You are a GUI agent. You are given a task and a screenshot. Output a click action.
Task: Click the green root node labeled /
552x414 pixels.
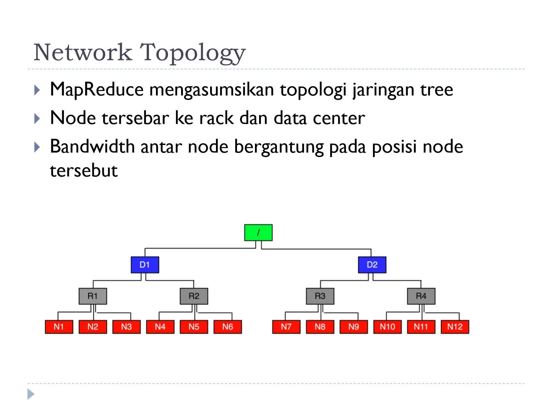pos(258,233)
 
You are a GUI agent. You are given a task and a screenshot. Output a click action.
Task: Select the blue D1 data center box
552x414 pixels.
pos(145,265)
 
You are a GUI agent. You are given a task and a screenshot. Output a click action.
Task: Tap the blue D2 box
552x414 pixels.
pos(372,265)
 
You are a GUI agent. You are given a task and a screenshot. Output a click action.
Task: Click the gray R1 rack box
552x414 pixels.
pos(93,296)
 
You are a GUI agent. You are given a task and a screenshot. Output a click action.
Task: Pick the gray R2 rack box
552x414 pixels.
pos(194,296)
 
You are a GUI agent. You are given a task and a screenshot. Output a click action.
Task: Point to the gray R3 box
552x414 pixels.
pos(320,296)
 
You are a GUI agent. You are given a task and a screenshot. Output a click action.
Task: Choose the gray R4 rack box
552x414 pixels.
pos(421,296)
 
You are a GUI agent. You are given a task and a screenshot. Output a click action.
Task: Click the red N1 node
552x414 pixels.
pos(59,327)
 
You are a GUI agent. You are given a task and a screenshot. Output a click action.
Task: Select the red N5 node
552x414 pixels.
pos(194,327)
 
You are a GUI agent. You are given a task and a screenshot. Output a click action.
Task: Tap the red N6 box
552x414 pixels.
pos(228,327)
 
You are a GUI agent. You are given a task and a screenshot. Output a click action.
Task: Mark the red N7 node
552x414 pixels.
pos(286,327)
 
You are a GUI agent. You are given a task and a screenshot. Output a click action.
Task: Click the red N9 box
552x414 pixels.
pos(354,327)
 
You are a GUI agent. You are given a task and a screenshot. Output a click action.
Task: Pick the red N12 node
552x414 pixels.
pos(455,327)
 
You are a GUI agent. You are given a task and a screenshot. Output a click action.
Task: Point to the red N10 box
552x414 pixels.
pos(387,327)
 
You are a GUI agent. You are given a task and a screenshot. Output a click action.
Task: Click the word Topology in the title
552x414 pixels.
pos(193,53)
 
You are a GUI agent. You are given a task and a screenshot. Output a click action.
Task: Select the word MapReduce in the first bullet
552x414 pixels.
pos(97,90)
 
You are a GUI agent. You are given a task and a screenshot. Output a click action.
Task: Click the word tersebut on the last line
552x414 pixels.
pos(84,170)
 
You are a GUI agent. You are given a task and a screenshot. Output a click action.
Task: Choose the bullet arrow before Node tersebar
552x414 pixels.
pos(37,118)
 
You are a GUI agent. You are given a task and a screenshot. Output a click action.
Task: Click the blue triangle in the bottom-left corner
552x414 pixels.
pos(31,394)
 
